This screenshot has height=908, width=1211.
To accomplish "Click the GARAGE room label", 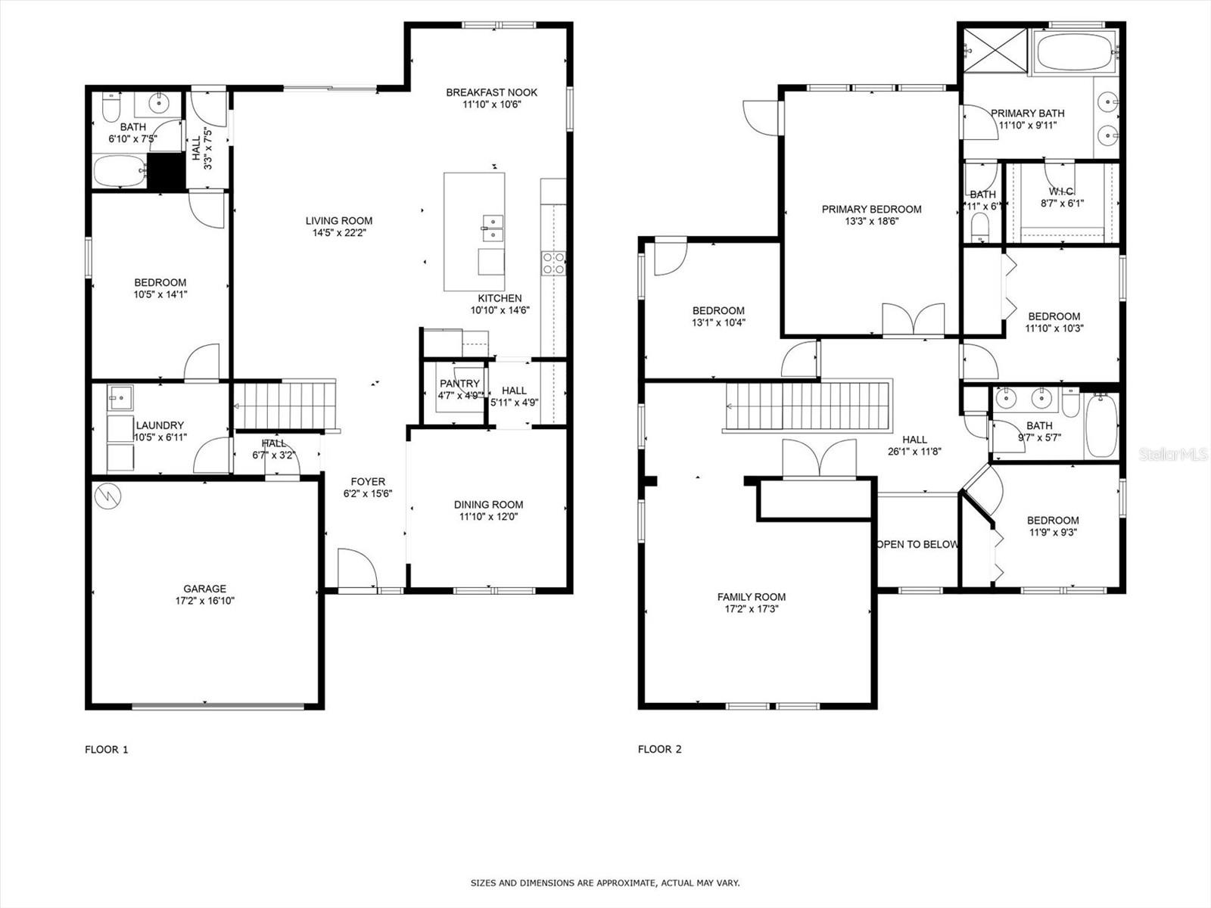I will (204, 589).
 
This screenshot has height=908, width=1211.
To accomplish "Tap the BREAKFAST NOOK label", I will (491, 92).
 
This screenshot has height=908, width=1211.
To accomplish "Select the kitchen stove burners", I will (553, 263).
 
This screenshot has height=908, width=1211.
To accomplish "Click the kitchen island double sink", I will (493, 228).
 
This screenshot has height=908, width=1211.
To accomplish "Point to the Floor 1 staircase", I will (284, 406).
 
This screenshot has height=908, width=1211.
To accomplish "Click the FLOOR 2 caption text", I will (659, 749).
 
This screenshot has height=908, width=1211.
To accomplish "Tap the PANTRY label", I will (459, 384).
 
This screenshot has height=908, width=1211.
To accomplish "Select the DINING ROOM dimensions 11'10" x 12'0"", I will (488, 517).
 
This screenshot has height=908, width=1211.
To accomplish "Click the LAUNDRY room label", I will (160, 425).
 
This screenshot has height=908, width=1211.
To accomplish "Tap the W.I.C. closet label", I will (1061, 191).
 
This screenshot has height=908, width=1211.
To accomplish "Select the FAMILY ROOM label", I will (752, 596).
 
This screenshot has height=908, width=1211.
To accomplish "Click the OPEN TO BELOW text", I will (917, 544).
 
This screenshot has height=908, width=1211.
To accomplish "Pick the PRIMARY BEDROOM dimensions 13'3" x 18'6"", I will (871, 222).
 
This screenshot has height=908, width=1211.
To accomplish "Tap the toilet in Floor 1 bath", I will (111, 109).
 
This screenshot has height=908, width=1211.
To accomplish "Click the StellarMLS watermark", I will (1172, 454).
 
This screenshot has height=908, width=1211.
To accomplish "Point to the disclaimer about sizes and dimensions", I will (605, 883).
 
